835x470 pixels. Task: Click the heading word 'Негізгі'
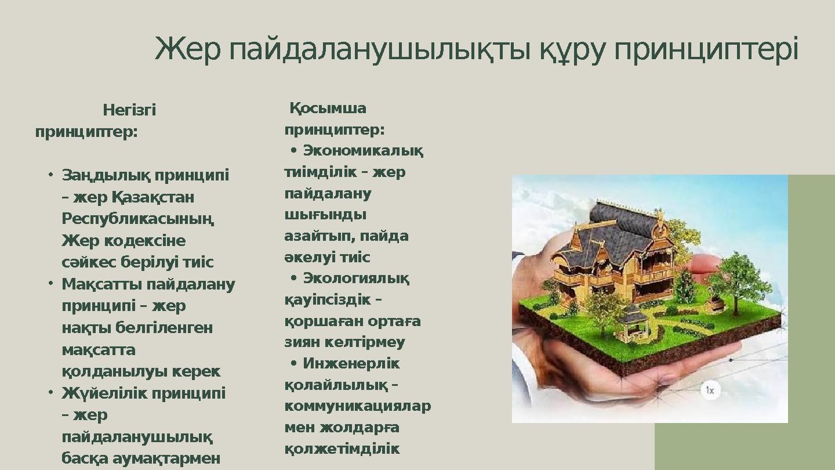(129, 110)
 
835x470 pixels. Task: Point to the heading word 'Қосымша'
(328, 109)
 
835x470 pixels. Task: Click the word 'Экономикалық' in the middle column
(363, 151)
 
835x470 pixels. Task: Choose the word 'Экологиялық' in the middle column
(356, 279)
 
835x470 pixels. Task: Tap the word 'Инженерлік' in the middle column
(351, 364)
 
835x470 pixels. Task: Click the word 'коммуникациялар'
(357, 406)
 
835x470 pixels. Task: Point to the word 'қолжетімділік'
(342, 449)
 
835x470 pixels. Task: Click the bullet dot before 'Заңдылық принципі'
(50, 175)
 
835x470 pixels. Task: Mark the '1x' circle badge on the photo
(710, 390)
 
